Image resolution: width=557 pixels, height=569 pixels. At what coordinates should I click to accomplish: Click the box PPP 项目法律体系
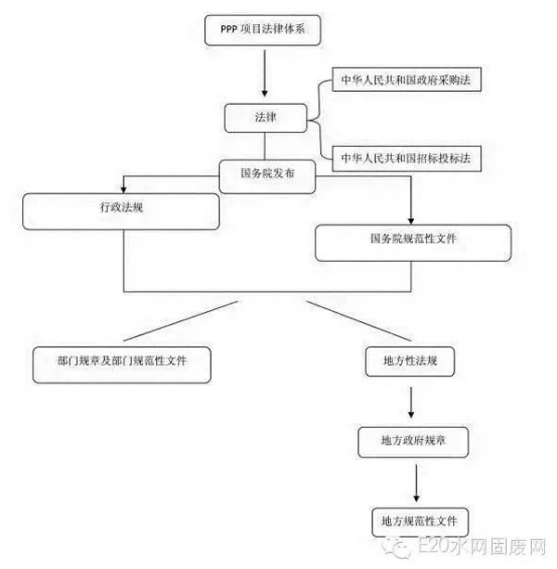pyautogui.click(x=266, y=31)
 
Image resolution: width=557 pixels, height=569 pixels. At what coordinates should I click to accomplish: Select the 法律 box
pyautogui.click(x=265, y=119)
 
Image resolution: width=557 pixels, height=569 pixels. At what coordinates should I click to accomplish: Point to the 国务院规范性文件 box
pyautogui.click(x=413, y=239)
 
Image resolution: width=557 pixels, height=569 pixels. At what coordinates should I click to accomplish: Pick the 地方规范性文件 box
pyautogui.click(x=413, y=519)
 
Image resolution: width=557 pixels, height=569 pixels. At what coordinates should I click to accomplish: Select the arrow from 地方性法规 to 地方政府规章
pyautogui.click(x=412, y=401)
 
